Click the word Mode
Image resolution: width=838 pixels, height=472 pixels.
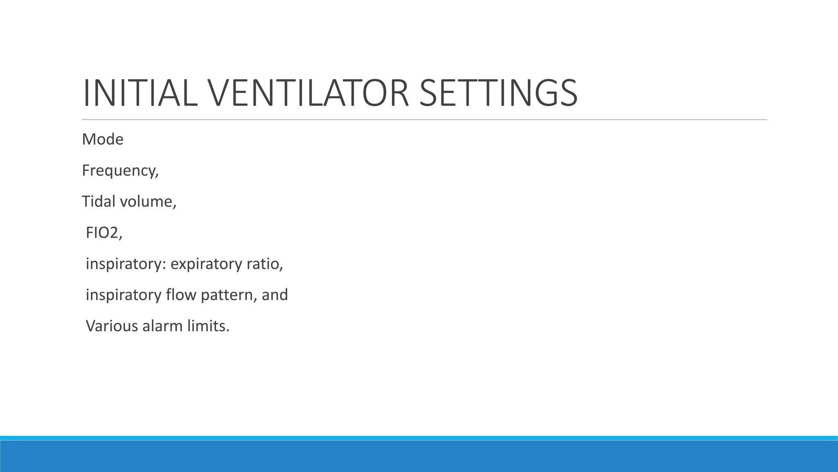point(103,140)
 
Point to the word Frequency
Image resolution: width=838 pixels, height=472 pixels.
point(119,171)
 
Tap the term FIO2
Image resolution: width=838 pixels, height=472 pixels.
point(103,233)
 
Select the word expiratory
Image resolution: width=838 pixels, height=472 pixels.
point(206,264)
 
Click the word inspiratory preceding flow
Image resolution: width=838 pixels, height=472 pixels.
point(124,295)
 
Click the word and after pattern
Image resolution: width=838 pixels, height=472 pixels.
point(275,295)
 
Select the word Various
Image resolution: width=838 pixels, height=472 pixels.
point(112,326)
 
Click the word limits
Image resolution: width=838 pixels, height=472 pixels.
point(208,326)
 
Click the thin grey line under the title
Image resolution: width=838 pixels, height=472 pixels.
point(424,120)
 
